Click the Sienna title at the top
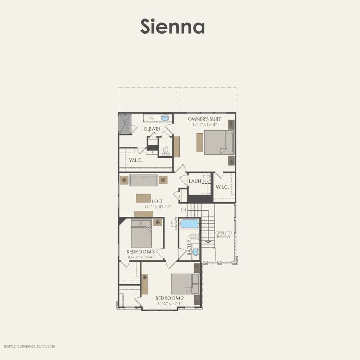tap(172, 27)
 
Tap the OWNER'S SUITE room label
tap(205, 119)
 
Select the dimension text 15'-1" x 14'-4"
tap(205, 124)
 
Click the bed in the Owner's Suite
tap(219, 142)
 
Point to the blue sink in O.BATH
tap(165, 118)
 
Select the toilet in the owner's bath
tap(166, 151)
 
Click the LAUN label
tap(195, 181)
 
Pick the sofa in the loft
tap(143, 180)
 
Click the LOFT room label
tap(157, 201)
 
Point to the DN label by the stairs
tap(183, 210)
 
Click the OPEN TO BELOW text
tap(223, 235)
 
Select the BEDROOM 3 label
tap(141, 252)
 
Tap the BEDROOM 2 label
tap(170, 298)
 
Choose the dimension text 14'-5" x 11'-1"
tap(170, 303)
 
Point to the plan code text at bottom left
tap(30, 346)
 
